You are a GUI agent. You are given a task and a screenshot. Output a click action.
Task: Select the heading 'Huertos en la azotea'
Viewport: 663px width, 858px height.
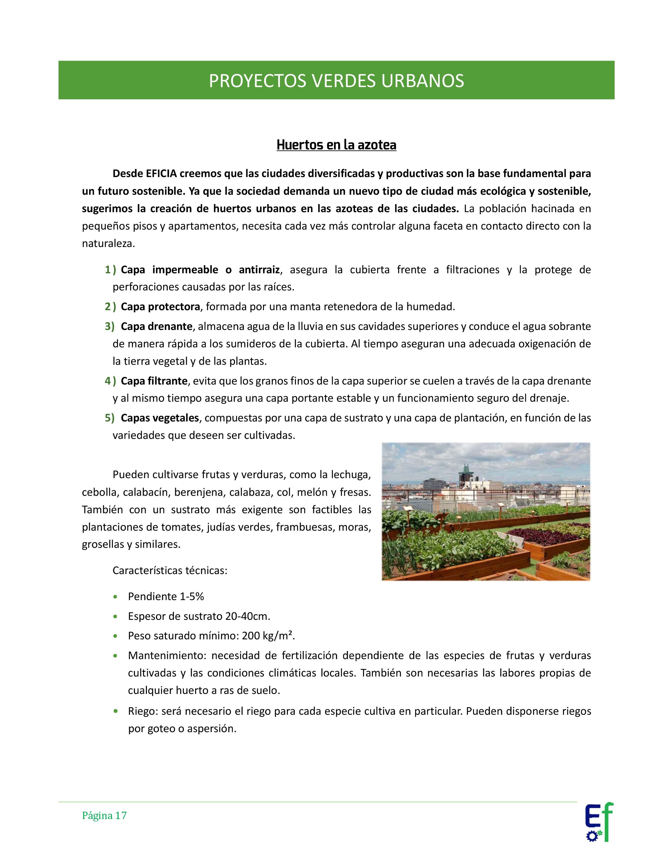click(336, 145)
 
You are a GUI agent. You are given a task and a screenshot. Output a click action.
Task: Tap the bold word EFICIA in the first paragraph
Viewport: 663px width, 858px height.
click(161, 173)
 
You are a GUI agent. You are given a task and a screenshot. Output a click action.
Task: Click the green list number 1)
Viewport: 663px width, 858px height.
click(110, 270)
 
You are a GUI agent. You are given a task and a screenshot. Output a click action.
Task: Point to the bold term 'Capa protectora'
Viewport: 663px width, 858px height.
click(160, 307)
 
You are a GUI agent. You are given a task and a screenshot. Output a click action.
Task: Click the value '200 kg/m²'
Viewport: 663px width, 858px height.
click(268, 636)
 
